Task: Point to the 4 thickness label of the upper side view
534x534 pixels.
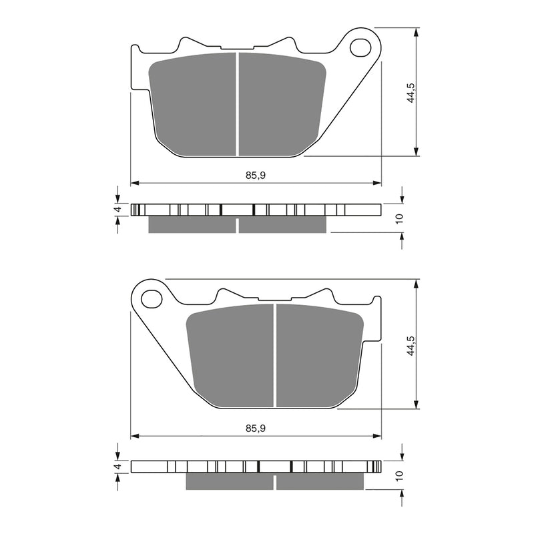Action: pyautogui.click(x=117, y=210)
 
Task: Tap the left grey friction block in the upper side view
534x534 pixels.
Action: pyautogui.click(x=192, y=225)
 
